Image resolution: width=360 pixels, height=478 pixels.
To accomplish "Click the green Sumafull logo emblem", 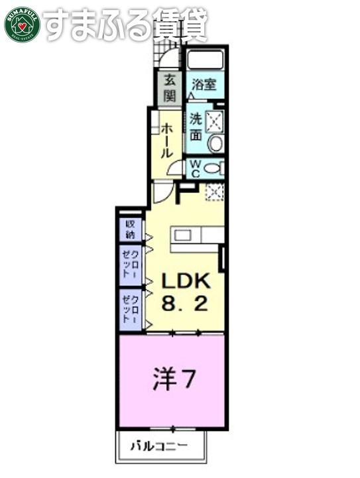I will click(23, 25).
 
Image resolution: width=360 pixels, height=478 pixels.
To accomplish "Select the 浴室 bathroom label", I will click(204, 85).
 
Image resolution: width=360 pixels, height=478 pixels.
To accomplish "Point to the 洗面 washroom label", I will click(196, 127).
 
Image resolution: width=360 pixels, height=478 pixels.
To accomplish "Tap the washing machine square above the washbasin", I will click(215, 121).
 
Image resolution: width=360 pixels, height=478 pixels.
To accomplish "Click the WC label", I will click(197, 168).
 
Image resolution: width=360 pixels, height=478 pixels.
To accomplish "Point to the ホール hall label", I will click(166, 140).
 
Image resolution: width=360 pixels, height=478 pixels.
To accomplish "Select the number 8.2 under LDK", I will click(186, 304).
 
